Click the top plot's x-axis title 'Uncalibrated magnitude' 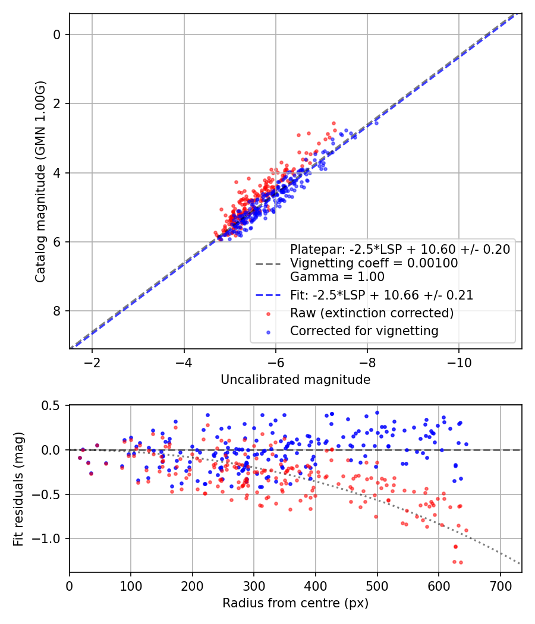(295, 380)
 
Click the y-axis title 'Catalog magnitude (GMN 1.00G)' (40, 182)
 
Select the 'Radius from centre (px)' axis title (295, 603)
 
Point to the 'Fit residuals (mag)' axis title (18, 489)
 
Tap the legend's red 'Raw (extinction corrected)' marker (267, 313)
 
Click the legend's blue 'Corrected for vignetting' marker (267, 331)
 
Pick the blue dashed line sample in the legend (267, 295)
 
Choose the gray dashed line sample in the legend (267, 263)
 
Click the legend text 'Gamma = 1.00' (337, 277)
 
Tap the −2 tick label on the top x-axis (92, 362)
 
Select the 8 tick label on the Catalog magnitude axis (57, 311)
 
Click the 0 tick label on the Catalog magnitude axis (57, 34)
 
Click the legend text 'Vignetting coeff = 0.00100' (373, 263)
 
